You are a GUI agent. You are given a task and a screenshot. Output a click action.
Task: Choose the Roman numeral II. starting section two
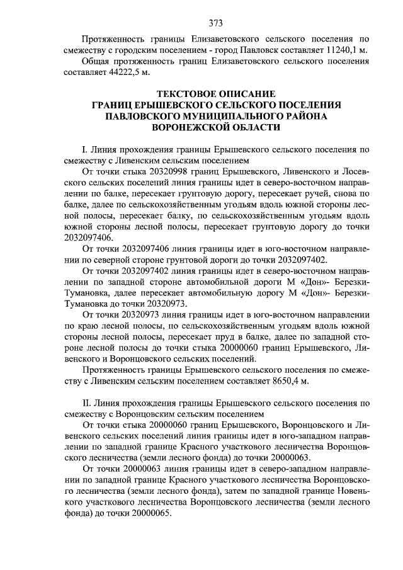[x=88, y=401]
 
